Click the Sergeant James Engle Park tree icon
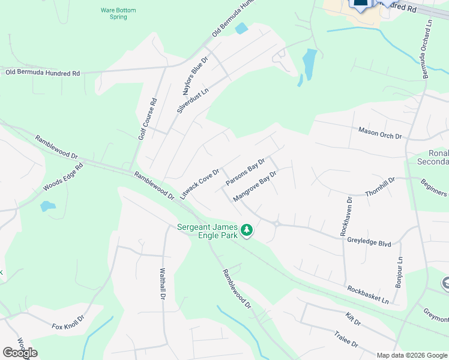point(246,230)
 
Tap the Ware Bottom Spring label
point(118,13)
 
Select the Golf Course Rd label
point(146,119)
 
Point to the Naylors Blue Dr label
point(194,77)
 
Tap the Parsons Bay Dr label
point(245,172)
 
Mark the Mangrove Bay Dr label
point(255,186)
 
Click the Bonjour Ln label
point(399,268)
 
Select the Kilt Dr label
point(353,319)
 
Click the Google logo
point(20,353)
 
